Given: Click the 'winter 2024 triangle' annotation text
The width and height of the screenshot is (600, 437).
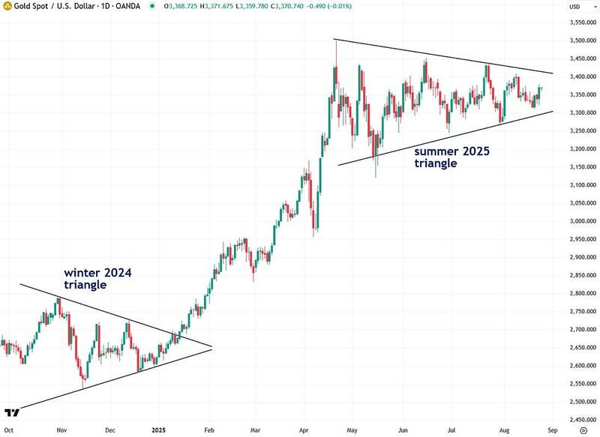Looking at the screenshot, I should point(97,279).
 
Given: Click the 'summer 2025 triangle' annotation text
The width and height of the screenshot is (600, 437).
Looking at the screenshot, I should point(452,157).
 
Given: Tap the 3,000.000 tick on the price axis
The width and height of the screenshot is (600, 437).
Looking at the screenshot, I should point(578,221).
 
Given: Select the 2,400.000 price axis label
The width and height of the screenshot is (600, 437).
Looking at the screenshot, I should point(578,420).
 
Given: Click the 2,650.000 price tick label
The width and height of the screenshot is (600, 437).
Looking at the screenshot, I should point(578,348).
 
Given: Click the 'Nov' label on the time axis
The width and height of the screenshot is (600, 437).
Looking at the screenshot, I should point(62,431).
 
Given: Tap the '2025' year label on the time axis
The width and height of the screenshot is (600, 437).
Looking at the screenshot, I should point(160,431).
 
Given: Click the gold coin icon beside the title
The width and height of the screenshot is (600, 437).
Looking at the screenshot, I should point(7,6).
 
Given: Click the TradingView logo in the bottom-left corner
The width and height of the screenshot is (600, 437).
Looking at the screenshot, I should point(11,413).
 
